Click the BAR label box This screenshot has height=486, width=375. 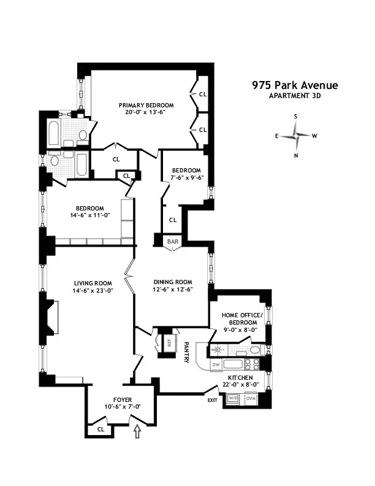tap(173, 241)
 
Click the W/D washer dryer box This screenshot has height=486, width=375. tap(233, 398)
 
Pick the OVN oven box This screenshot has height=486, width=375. tap(250, 398)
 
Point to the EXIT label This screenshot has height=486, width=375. tap(213, 400)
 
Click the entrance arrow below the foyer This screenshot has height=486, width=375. tap(137, 433)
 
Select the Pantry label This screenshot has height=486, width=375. tap(186, 353)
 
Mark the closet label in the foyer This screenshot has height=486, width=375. tap(100, 429)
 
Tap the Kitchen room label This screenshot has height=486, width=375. tap(240, 377)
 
